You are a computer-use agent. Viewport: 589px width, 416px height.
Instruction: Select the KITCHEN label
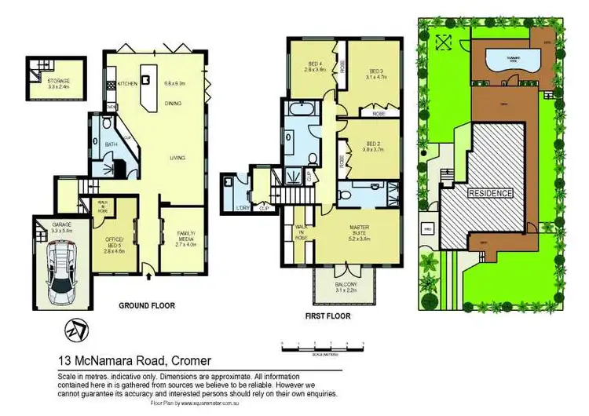coord(128,82)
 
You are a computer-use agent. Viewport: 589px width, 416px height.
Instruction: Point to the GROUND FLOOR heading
coord(146,305)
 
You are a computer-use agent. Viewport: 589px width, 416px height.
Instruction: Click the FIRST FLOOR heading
coord(328,316)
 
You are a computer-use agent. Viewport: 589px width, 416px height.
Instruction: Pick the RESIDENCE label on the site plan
coord(490,193)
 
